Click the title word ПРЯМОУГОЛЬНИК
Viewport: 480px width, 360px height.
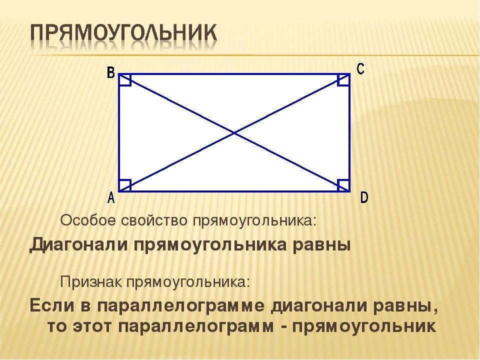coord(123,32)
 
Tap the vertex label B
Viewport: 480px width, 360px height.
coord(111,73)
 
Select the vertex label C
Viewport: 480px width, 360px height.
coord(360,68)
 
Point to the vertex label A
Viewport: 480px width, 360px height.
coord(111,197)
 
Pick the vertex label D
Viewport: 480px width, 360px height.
coord(364,197)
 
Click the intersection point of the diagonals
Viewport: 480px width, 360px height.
coord(234,133)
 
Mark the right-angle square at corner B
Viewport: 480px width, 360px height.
coord(125,80)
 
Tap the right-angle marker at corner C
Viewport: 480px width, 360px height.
coord(343,79)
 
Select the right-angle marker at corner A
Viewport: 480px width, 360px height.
coord(125,185)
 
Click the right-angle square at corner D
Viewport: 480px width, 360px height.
coord(343,185)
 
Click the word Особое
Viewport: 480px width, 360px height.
coord(88,220)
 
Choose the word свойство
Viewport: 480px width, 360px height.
coord(154,220)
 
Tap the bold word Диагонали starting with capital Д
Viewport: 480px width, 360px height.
coord(78,245)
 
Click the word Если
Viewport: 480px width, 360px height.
coord(51,305)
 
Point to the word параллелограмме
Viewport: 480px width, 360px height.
coord(181,306)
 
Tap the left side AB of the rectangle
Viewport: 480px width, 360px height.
coord(119,133)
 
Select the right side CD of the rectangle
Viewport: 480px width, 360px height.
coord(349,133)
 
